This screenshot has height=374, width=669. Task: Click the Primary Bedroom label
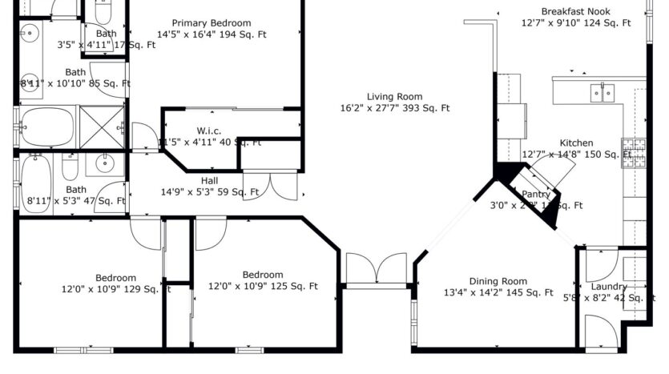tap(212, 23)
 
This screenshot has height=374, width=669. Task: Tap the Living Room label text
tap(395, 96)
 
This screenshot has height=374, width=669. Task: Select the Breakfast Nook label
tap(576, 11)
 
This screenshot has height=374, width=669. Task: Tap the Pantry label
tap(536, 195)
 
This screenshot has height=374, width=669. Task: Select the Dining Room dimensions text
tap(498, 292)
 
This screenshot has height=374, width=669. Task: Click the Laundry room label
tap(608, 287)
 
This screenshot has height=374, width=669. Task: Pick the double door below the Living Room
tap(376, 269)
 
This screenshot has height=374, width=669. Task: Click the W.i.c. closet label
tap(209, 131)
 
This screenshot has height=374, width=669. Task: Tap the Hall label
tap(209, 181)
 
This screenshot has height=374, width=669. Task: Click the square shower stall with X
tap(102, 126)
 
